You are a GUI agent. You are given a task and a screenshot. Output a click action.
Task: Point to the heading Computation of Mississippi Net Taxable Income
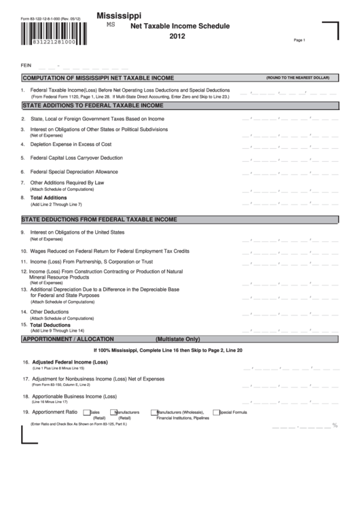(x=98, y=78)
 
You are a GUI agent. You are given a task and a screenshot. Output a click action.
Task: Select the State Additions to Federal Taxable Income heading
(x=93, y=106)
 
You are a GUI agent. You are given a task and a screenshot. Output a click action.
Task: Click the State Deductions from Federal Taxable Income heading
(x=100, y=220)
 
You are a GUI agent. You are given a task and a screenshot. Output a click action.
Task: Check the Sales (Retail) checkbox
(x=86, y=412)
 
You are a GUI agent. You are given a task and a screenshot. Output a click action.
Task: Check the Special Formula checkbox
(x=215, y=412)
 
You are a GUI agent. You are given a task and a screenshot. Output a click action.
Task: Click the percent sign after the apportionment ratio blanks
(x=335, y=425)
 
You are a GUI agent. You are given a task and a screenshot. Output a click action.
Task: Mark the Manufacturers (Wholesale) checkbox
(x=154, y=412)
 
